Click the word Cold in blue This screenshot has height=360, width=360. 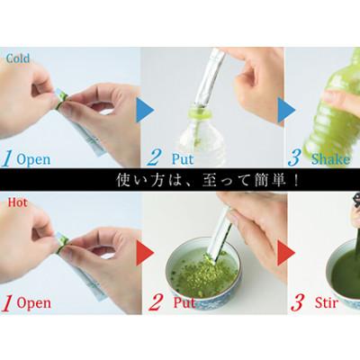click(18, 58)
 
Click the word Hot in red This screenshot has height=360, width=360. click(17, 202)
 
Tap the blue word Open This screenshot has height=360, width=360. click(33, 159)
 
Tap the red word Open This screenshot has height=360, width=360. click(34, 303)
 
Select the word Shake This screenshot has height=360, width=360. click(330, 159)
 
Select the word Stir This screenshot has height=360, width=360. click(327, 303)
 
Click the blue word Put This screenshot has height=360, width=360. click(183, 158)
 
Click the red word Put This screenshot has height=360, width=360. click(184, 302)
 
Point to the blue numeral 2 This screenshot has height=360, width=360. click(154, 158)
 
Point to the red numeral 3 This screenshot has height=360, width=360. click(297, 302)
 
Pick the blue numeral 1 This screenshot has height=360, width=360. click(7, 158)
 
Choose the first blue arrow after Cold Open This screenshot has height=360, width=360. click(145, 110)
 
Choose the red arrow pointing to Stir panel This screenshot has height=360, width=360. click(286, 253)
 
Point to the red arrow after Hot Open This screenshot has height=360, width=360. click(145, 253)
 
